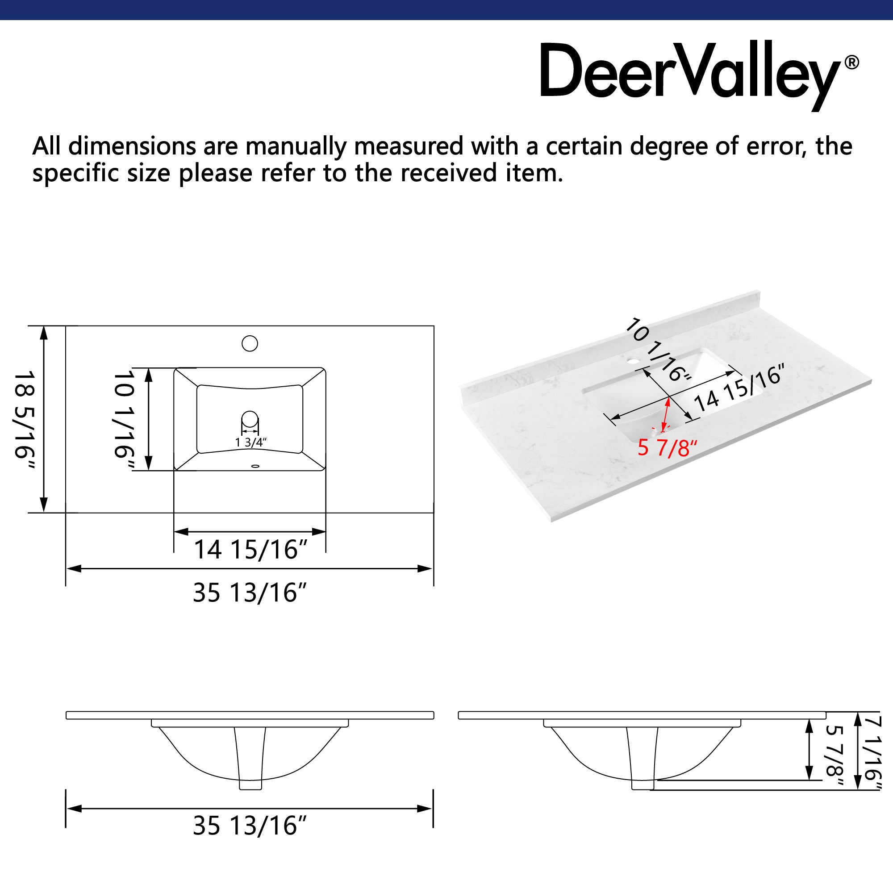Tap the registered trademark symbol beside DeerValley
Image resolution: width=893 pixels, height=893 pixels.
pos(851,63)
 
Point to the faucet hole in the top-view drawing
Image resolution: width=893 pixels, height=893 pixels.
pos(250,343)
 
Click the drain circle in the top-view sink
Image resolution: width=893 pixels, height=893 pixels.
pos(250,418)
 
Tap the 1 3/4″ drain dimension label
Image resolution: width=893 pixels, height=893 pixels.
pos(250,442)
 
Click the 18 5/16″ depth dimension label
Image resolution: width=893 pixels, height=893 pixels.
pos(24,420)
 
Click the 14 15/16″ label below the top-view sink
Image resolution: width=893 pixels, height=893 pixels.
pos(250,550)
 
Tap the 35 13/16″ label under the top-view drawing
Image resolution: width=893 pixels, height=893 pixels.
pos(250,593)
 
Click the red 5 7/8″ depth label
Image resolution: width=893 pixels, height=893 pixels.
pos(667,448)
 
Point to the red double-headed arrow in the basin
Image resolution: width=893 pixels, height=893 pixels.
pos(666,415)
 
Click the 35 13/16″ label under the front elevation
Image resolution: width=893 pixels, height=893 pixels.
pos(250,826)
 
